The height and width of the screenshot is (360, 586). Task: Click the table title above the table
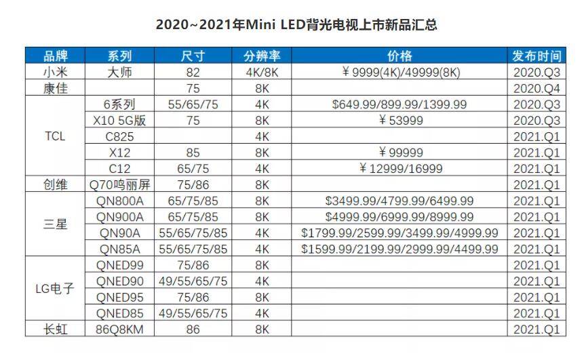click(296, 24)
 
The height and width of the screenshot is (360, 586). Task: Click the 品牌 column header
click(56, 56)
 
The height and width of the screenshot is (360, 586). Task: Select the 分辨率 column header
click(262, 56)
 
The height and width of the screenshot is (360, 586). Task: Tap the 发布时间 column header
click(536, 56)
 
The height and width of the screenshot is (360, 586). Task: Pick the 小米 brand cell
click(56, 72)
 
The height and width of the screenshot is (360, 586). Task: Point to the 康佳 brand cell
click(56, 88)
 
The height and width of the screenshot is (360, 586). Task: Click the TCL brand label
click(55, 136)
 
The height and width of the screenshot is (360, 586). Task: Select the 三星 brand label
click(56, 224)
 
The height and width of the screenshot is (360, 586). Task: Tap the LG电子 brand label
click(55, 289)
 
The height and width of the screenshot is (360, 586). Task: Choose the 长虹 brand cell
click(56, 329)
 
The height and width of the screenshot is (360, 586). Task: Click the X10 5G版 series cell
click(119, 121)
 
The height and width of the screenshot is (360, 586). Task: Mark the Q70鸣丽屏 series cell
click(119, 185)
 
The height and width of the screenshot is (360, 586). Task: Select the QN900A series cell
click(119, 217)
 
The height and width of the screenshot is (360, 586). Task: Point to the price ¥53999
click(400, 121)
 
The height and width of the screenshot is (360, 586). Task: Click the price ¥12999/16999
click(400, 169)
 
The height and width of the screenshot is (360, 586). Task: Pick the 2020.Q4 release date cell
click(536, 89)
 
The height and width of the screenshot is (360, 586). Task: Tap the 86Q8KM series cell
click(119, 329)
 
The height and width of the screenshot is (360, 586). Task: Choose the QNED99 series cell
click(119, 265)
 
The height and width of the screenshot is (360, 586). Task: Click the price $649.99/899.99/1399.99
click(399, 104)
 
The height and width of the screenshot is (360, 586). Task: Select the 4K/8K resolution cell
click(262, 73)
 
